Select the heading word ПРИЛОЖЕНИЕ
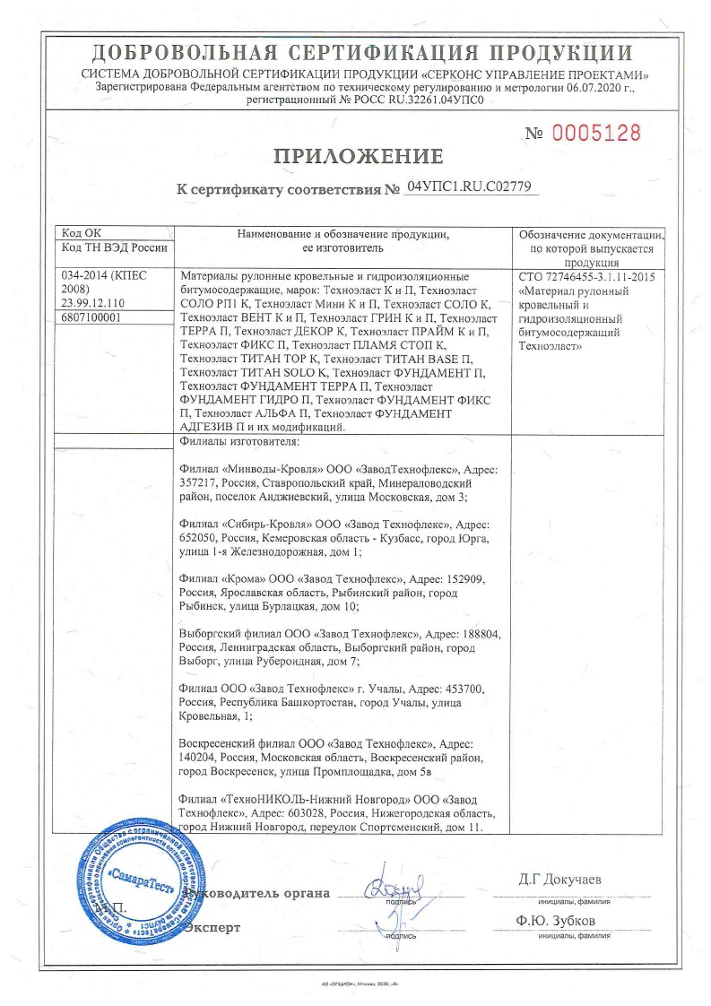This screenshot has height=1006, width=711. pos(358,157)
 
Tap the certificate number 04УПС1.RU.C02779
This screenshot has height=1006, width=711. pos(469,188)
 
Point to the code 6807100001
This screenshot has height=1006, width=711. pos(91,317)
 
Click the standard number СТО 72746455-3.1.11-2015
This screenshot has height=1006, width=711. pos(586,277)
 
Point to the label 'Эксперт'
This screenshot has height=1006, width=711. pos(212,927)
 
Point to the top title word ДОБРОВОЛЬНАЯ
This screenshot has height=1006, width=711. pos(179,52)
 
